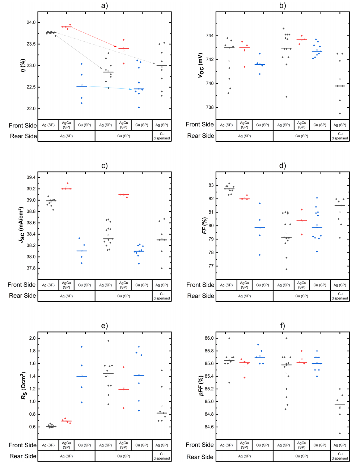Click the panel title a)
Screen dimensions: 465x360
point(105,5)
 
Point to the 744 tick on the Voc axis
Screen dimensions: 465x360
point(209,36)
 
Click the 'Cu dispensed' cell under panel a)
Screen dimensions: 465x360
point(162,136)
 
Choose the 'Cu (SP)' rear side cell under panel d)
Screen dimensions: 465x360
point(302,296)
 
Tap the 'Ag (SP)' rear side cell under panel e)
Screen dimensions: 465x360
point(67,456)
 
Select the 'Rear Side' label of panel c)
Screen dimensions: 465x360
point(22,296)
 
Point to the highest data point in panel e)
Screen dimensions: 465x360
point(108,341)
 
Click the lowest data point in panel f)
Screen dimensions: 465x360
point(340,433)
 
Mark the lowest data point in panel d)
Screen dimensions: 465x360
point(287,269)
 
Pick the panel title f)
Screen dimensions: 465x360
point(283,326)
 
